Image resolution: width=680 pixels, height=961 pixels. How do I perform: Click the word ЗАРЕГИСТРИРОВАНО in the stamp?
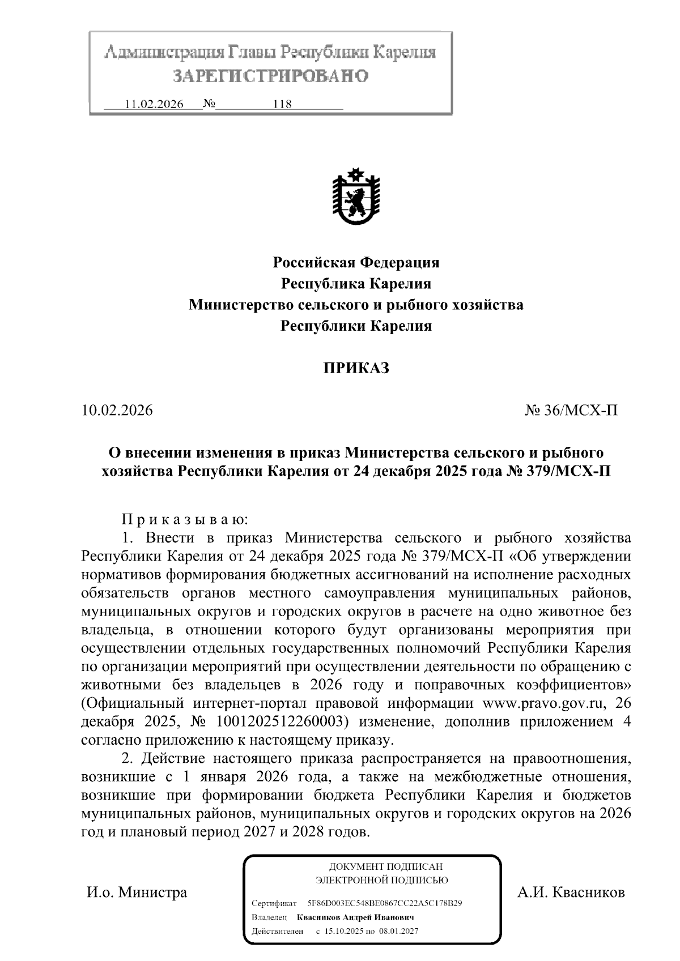point(270,76)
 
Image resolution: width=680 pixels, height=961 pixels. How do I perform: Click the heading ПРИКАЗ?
point(356,368)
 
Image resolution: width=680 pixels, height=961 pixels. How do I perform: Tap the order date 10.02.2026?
point(117,410)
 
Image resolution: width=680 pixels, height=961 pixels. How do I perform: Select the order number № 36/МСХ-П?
point(571,410)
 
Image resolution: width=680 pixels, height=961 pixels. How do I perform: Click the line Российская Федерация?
point(356,262)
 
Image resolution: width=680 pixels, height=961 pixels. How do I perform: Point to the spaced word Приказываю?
point(185,519)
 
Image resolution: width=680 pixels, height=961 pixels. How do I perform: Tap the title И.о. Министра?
point(136,892)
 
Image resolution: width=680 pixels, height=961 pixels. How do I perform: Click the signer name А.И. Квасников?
point(571,892)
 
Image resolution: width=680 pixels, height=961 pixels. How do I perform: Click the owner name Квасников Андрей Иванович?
point(355,917)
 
